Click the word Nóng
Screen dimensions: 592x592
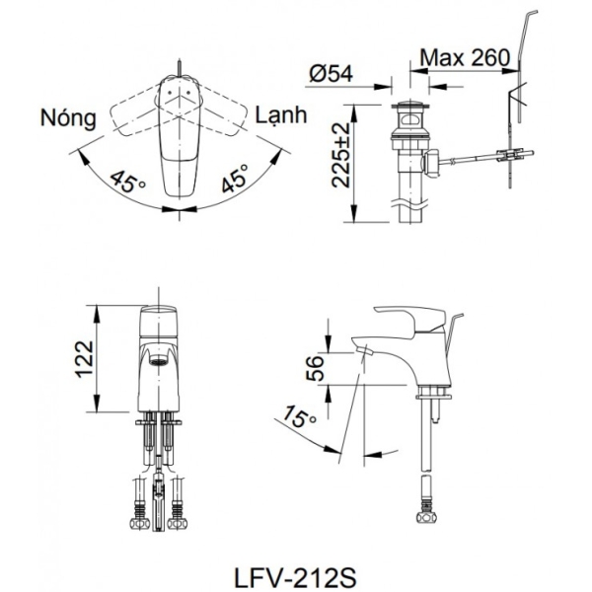tap(68, 118)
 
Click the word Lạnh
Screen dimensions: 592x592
tap(281, 115)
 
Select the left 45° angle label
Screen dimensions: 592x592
tap(125, 183)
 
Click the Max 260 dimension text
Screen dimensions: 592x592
tap(465, 57)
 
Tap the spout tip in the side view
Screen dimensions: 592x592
tap(364, 349)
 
